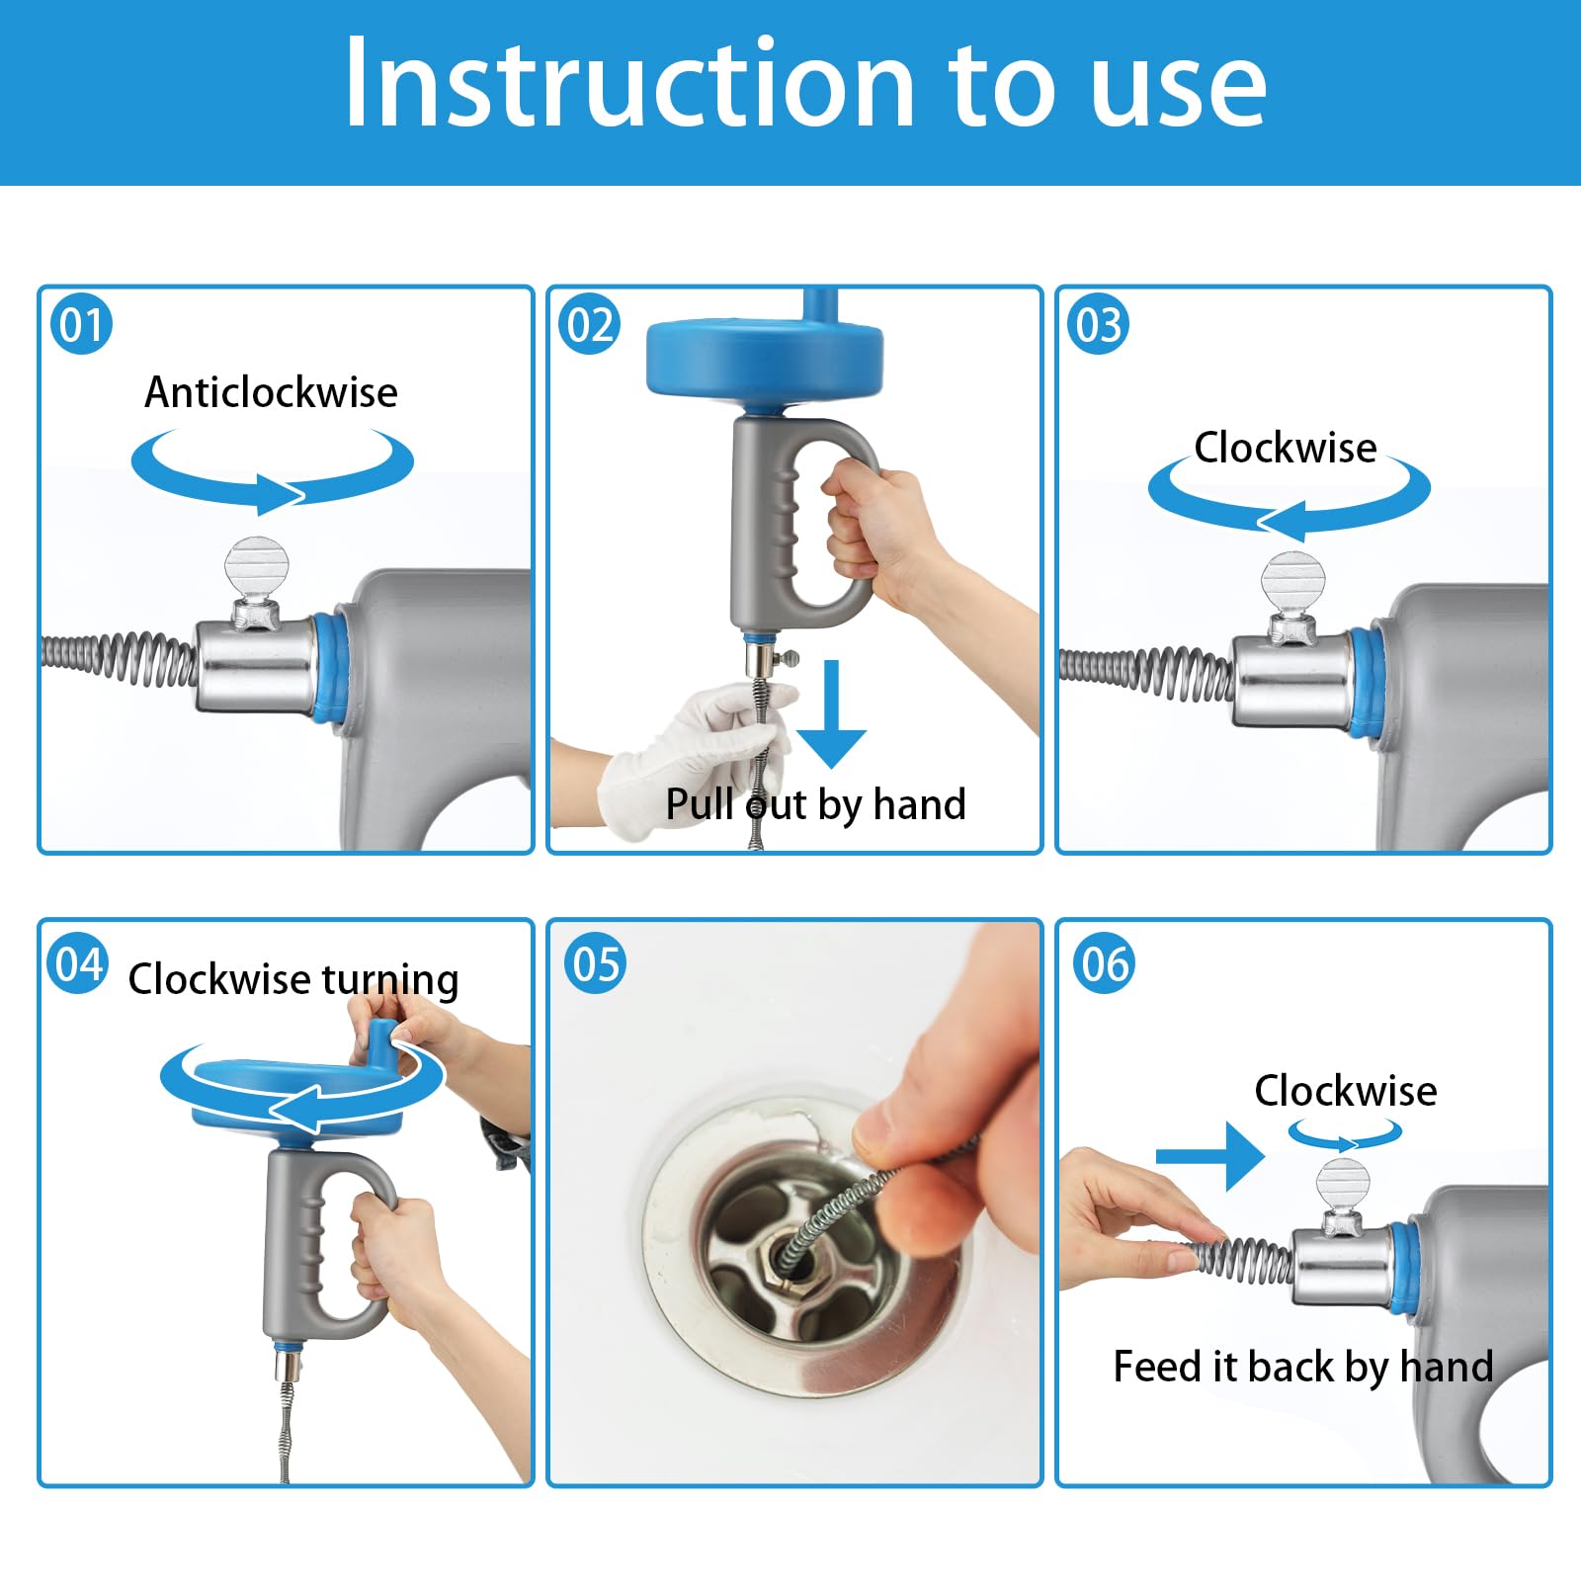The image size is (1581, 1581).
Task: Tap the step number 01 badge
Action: tap(81, 325)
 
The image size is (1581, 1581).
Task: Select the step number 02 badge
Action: tap(590, 325)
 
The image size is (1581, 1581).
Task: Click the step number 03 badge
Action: tap(1099, 325)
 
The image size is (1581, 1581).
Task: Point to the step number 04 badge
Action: tap(78, 964)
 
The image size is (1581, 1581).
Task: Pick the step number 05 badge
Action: tap(595, 964)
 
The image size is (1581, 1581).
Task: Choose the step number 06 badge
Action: tap(1105, 964)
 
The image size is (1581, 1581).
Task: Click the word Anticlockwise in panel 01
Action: tap(271, 392)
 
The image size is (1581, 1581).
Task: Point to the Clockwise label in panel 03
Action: tap(1285, 448)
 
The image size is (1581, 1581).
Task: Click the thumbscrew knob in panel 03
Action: tap(1290, 583)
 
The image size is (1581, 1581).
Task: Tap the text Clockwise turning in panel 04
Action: tap(293, 979)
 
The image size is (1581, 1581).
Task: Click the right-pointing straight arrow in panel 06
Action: tap(1209, 1155)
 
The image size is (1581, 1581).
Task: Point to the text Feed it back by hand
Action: tap(1302, 1367)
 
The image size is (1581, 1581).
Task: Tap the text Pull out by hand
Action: tap(815, 804)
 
